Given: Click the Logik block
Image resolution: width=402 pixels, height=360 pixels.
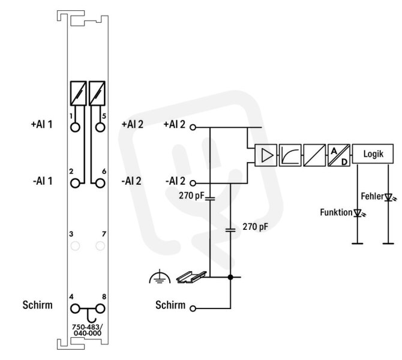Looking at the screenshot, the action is tap(373, 154).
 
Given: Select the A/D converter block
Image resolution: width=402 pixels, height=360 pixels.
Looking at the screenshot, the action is tap(338, 155).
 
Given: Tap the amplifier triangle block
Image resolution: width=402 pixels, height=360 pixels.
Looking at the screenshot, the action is tap(266, 155).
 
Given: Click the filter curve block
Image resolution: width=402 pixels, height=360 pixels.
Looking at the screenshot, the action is tap(290, 155).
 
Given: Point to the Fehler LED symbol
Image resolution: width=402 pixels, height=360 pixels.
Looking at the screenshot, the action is tap(389, 197).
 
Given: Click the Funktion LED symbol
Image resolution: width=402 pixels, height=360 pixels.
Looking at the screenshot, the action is tap(358, 213).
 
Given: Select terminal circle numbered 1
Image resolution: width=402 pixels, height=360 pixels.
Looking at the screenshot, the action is tap(75, 127).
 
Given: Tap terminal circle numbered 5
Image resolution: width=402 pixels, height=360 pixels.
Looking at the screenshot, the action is tap(100, 127).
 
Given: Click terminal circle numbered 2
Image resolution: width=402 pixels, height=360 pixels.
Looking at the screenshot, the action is tap(75, 184).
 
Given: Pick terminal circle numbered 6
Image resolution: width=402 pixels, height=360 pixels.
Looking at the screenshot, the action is tap(100, 184).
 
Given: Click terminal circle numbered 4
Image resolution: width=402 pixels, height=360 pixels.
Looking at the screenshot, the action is tap(75, 309).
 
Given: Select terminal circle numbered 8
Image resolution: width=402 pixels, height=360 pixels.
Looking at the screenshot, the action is tap(100, 309).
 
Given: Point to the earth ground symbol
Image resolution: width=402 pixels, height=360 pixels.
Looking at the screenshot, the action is tap(160, 277).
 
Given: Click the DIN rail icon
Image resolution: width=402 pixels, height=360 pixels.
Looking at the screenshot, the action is tap(191, 277).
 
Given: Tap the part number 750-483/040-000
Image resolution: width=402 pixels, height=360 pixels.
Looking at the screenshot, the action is tap(88, 330).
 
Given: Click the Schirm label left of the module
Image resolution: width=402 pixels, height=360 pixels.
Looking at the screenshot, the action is tap(37, 305).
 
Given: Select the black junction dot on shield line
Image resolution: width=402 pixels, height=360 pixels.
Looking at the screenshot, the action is tap(230, 277).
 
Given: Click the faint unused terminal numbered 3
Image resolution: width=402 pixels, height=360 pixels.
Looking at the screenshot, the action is tap(75, 246).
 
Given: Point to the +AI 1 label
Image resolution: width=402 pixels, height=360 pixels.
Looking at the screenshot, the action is tap(41, 124).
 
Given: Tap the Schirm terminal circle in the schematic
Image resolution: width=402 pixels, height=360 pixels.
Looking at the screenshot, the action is tap(193, 308).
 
